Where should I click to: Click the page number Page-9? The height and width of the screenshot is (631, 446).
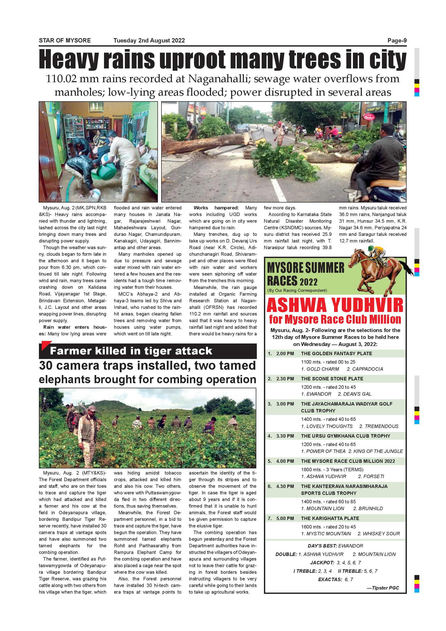[397, 41]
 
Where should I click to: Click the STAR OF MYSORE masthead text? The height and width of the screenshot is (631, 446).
[65, 41]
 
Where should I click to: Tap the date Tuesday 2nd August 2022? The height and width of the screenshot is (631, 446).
[149, 41]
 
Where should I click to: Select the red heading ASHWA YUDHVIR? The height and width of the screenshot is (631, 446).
[335, 305]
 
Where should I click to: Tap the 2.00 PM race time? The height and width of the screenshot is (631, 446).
[285, 354]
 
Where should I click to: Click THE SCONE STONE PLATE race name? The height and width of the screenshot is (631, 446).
[332, 379]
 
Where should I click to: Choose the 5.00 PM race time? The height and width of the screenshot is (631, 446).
[285, 518]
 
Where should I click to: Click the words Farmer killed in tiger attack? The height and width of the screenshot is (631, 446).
[131, 351]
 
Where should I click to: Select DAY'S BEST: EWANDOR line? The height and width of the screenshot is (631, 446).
[335, 546]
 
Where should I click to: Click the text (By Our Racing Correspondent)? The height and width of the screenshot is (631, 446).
[297, 291]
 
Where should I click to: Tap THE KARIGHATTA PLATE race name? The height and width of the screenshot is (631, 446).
[330, 518]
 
